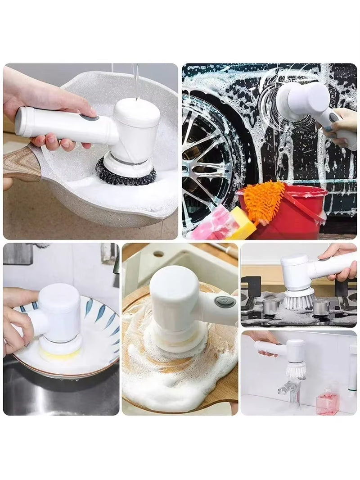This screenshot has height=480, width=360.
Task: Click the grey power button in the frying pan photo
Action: (x=89, y=118)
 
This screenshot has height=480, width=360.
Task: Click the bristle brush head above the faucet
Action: (x=296, y=370)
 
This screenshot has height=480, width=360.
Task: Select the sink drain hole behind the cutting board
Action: (x=159, y=254)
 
